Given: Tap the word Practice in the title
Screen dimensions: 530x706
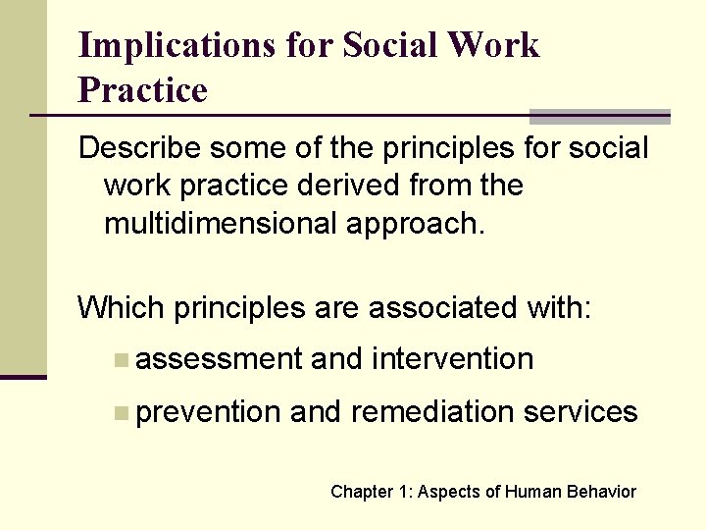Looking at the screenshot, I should pyautogui.click(x=143, y=90).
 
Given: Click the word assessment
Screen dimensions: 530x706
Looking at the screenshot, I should pyautogui.click(x=220, y=360).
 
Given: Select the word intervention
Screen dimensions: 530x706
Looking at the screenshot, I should pyautogui.click(x=453, y=359).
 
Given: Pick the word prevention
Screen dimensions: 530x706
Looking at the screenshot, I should pyautogui.click(x=209, y=412).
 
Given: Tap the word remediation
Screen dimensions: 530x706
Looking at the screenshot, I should pyautogui.click(x=432, y=412).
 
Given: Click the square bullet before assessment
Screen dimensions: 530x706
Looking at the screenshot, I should pyautogui.click(x=120, y=360).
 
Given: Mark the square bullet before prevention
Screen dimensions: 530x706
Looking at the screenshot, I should pyautogui.click(x=120, y=413).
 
